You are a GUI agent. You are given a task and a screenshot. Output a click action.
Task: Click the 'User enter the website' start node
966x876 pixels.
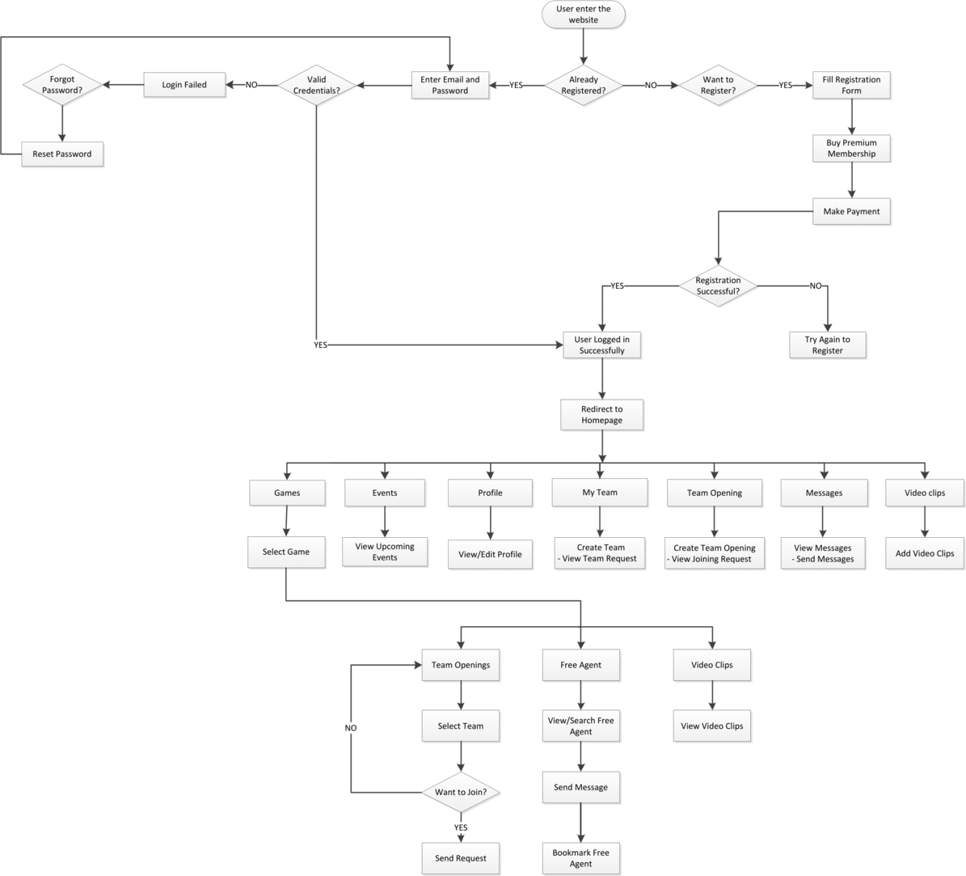pyautogui.click(x=583, y=15)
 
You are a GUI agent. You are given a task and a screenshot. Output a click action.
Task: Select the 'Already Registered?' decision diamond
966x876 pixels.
pyautogui.click(x=584, y=85)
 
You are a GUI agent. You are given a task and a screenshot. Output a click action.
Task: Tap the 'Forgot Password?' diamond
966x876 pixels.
pyautogui.click(x=61, y=85)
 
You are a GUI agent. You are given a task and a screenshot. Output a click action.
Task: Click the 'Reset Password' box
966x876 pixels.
pyautogui.click(x=62, y=154)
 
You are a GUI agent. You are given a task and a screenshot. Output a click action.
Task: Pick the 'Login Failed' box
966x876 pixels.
pyautogui.click(x=184, y=85)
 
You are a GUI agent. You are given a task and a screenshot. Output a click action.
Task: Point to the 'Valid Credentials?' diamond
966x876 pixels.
pyautogui.click(x=317, y=85)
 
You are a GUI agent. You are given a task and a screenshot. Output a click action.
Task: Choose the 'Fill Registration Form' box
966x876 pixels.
pyautogui.click(x=852, y=85)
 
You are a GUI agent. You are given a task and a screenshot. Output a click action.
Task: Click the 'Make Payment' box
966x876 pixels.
pyautogui.click(x=852, y=212)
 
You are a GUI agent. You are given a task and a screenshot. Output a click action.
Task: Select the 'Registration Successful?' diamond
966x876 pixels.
pyautogui.click(x=719, y=286)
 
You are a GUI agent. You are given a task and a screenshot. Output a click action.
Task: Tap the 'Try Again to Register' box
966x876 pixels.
pyautogui.click(x=828, y=345)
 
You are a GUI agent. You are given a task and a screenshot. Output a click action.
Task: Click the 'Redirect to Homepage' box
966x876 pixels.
pyautogui.click(x=602, y=415)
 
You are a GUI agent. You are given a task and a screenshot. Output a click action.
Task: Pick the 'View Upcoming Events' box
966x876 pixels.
pyautogui.click(x=385, y=552)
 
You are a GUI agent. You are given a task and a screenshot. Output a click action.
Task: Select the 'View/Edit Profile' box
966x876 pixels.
pyautogui.click(x=490, y=554)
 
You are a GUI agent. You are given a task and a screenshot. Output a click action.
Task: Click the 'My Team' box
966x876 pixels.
pyautogui.click(x=600, y=492)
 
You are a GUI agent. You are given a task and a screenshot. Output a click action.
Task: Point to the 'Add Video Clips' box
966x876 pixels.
pyautogui.click(x=926, y=553)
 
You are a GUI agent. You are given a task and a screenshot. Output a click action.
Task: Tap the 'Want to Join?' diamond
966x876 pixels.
pyautogui.click(x=461, y=792)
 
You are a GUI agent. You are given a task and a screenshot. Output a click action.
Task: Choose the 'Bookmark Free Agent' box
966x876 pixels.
pyautogui.click(x=580, y=858)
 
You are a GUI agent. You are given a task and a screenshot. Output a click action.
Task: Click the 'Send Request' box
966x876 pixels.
pyautogui.click(x=461, y=857)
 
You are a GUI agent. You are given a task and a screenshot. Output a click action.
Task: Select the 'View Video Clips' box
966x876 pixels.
pyautogui.click(x=712, y=726)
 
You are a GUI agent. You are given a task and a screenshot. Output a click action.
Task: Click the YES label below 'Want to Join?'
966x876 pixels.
pyautogui.click(x=461, y=828)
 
